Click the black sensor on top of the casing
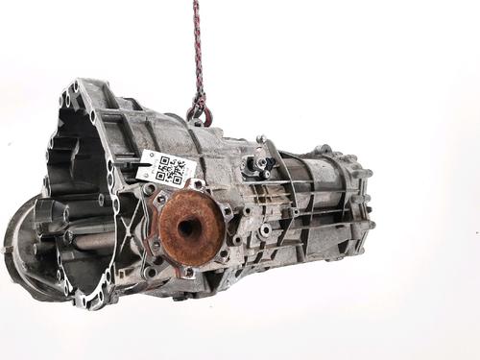click(261, 164)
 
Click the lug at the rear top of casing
click(324, 151)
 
